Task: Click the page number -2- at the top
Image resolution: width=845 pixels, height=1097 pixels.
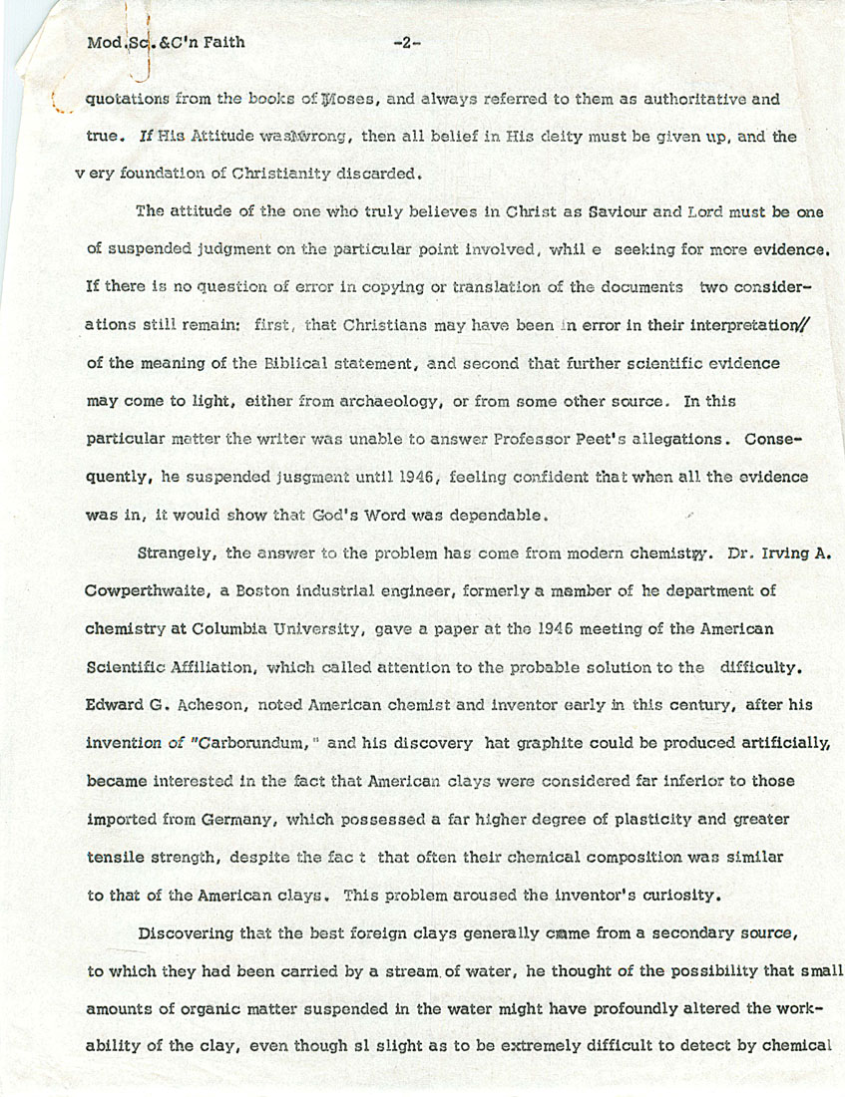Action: pyautogui.click(x=408, y=42)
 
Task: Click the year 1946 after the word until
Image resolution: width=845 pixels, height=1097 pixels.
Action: pyautogui.click(x=412, y=478)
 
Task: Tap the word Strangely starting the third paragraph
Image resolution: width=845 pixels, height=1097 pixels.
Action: pyautogui.click(x=179, y=551)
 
